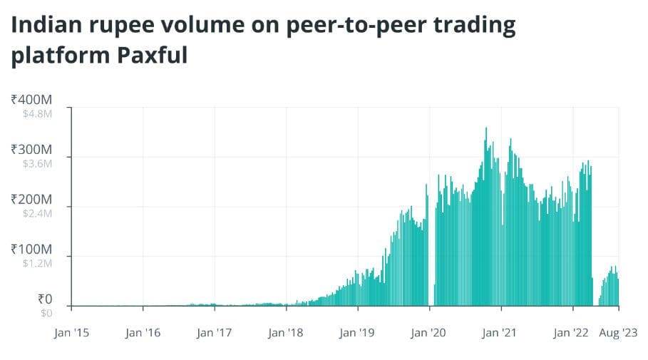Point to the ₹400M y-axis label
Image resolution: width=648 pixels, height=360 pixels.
31,101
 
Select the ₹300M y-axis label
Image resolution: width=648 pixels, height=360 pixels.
31,150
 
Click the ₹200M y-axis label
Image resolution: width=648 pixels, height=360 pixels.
31,200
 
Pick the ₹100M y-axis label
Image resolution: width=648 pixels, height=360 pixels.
31,250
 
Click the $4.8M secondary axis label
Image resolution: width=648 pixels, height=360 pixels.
36,113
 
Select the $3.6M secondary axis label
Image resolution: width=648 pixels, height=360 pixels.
36,163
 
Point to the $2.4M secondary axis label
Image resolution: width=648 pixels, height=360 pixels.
36,212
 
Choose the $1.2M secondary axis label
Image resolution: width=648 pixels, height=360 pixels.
36,262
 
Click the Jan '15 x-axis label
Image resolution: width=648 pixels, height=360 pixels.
71,331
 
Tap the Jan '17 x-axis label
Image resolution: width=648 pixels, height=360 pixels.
215,331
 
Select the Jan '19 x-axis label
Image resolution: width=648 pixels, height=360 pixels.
358,331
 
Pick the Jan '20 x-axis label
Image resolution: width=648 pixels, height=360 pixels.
429,331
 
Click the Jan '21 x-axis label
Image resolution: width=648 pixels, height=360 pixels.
501,331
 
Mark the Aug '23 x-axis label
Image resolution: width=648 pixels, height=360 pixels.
617,331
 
